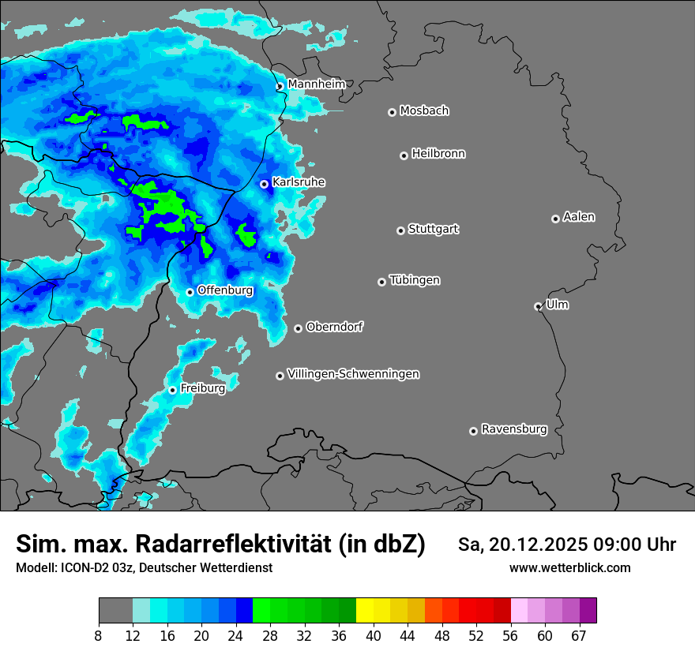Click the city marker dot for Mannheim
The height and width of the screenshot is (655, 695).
pyautogui.click(x=280, y=87)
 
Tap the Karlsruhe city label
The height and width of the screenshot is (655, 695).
pyautogui.click(x=299, y=182)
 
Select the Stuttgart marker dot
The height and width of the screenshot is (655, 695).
pyautogui.click(x=400, y=230)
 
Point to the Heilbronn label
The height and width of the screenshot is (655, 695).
pyautogui.click(x=438, y=154)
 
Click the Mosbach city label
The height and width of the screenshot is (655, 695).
pyautogui.click(x=424, y=111)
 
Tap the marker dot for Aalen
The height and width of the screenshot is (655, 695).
pyautogui.click(x=555, y=219)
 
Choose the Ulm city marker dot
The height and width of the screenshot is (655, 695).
pyautogui.click(x=538, y=306)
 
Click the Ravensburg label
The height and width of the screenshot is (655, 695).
pyautogui.click(x=514, y=429)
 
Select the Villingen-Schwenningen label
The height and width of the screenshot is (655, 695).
pyautogui.click(x=354, y=374)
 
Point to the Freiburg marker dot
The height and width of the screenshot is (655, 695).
pyautogui.click(x=172, y=390)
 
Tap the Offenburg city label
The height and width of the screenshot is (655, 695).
pyautogui.click(x=225, y=290)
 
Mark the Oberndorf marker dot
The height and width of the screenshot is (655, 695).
pyautogui.click(x=298, y=328)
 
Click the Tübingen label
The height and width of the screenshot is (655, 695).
pyautogui.click(x=415, y=280)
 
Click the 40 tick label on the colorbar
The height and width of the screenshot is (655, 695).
pyautogui.click(x=374, y=635)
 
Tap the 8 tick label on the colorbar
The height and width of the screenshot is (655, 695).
pyautogui.click(x=99, y=635)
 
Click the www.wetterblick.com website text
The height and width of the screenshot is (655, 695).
pyautogui.click(x=569, y=567)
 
